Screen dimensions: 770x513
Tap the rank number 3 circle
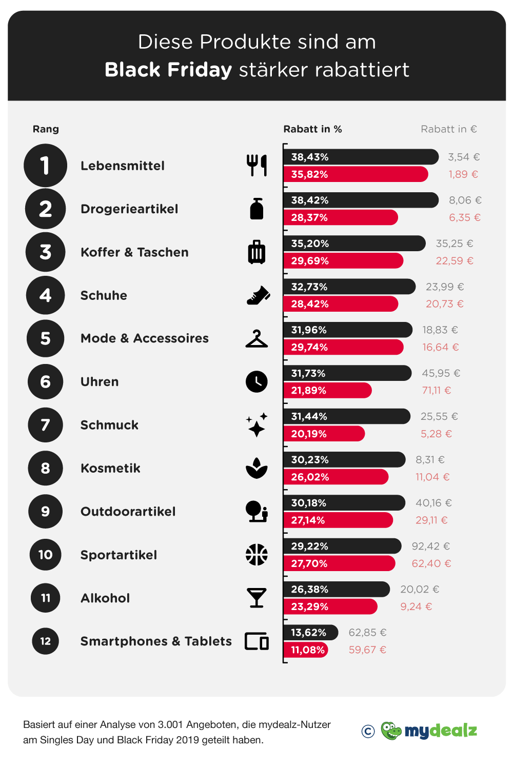46,252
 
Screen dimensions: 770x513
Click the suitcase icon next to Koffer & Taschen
256,252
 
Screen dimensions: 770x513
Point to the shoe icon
258,296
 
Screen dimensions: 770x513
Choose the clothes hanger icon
256,339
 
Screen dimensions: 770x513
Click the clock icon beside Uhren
256,382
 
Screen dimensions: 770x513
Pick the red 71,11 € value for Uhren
437,391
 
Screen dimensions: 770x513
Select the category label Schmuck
109,425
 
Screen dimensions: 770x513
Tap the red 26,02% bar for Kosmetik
336,477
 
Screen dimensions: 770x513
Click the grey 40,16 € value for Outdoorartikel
433,503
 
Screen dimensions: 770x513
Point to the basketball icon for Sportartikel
256,555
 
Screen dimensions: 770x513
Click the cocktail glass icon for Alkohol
256,598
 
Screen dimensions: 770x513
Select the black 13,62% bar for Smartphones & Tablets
310,633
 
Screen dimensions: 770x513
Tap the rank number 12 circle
46,641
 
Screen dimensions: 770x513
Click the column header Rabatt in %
312,129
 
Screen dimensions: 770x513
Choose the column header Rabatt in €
448,129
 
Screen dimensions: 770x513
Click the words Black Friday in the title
168,70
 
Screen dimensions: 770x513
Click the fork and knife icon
256,166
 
